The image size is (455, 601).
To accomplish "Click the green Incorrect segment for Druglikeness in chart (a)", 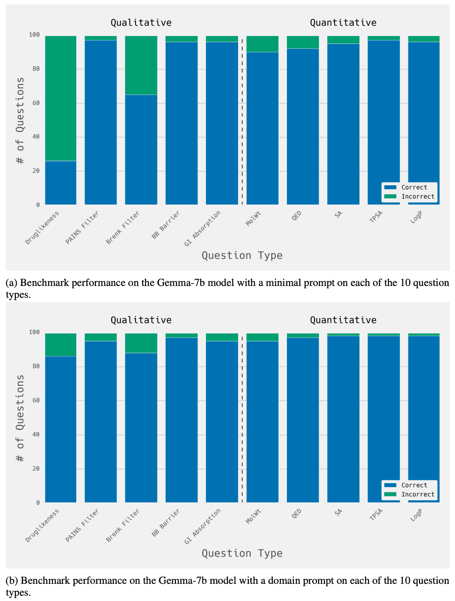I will (x=61, y=98).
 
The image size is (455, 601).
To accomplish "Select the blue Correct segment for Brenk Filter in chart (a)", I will (x=141, y=150).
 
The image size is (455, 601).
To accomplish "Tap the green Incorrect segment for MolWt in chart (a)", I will (x=262, y=44).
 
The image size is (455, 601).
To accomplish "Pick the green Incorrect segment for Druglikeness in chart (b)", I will (x=61, y=345).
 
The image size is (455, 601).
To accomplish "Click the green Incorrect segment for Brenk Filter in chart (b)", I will (x=141, y=343).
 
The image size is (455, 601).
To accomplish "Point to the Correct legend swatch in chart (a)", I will (x=390, y=187).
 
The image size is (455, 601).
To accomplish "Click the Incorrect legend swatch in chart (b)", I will (x=390, y=495).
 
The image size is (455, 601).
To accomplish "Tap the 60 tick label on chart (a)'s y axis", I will (x=35, y=103).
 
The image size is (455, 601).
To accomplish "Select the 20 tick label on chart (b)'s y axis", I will (x=35, y=469).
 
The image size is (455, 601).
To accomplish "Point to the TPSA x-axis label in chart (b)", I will (x=376, y=515).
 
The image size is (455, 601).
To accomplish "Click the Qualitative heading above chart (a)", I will (x=141, y=22).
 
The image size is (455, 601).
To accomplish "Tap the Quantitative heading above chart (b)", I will (x=343, y=320).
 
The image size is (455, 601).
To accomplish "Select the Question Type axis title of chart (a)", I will (x=242, y=256).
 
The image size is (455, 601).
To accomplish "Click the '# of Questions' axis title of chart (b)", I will (x=20, y=418).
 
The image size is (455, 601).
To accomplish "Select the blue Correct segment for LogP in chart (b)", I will (x=424, y=418).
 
